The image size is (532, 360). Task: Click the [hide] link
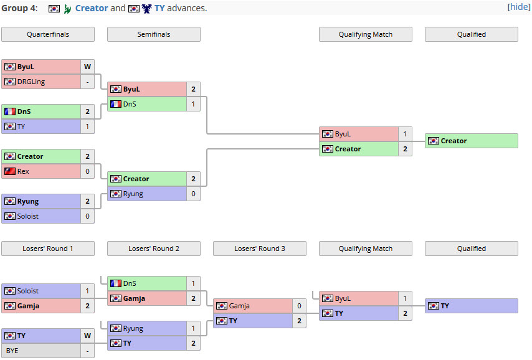coord(519,7)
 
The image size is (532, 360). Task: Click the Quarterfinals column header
coord(48,34)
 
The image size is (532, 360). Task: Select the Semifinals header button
coord(154,34)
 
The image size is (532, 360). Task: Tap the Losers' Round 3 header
coord(260,249)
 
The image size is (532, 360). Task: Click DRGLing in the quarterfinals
coord(31,82)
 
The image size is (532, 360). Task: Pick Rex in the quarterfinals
coord(23,171)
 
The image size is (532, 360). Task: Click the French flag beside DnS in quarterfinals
coord(10,111)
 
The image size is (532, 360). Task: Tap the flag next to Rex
coord(10,171)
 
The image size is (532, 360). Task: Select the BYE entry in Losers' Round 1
coord(12,351)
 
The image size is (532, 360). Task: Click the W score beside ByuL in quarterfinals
coord(88,67)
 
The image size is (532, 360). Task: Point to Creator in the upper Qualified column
coord(454,141)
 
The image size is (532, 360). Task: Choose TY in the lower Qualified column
coord(445,306)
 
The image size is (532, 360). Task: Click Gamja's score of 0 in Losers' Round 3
coord(299,306)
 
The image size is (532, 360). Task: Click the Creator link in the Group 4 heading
coord(92,8)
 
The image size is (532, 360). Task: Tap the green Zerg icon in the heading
coord(67,9)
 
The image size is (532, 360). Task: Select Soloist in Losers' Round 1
coord(28,291)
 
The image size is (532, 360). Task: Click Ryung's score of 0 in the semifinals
coord(193,194)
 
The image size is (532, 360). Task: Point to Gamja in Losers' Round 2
coord(134,298)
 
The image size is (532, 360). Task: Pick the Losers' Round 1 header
coord(48,249)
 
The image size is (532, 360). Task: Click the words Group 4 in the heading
coord(19,8)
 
